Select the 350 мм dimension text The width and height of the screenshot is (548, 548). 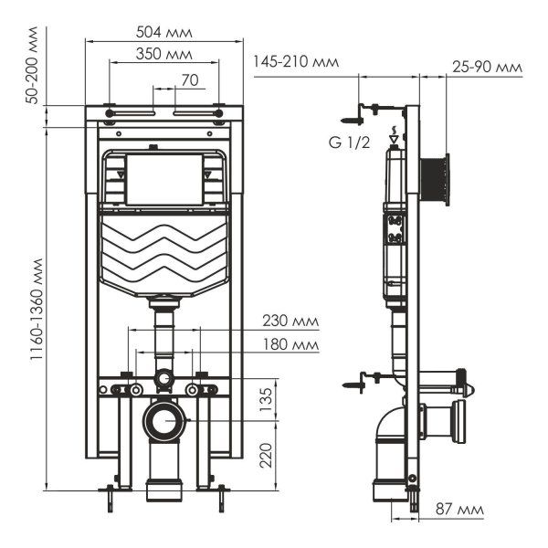(163, 54)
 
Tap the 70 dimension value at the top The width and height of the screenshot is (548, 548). (189, 80)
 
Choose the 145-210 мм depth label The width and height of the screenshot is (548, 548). (296, 63)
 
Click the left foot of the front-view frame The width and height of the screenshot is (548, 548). (109, 494)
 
